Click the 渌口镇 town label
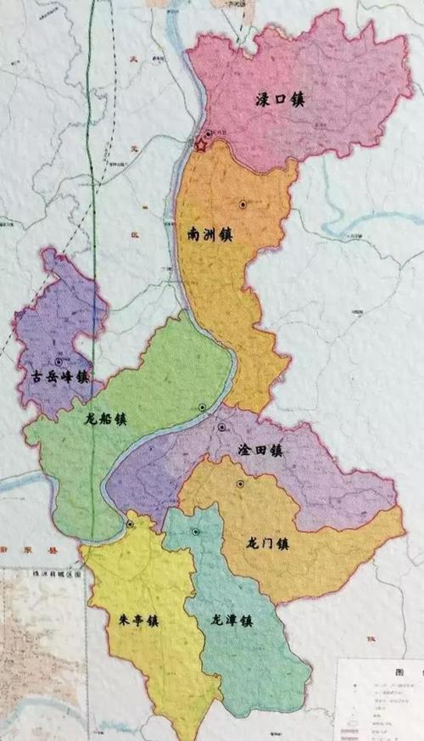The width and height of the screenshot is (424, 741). point(280,100)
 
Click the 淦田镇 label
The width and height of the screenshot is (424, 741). point(259,452)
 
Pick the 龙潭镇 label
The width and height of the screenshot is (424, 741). point(232,620)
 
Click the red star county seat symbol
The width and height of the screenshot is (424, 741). point(201,145)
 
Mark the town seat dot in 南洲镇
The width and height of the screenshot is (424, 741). point(243,205)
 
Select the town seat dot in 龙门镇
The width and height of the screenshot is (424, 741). point(241,484)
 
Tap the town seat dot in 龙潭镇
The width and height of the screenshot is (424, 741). point(196,532)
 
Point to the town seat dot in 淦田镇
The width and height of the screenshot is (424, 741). point(220,427)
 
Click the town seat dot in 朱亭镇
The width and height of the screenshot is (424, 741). point(130,525)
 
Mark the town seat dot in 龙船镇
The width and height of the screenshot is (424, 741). point(202,407)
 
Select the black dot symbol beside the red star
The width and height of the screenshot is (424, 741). point(209,134)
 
